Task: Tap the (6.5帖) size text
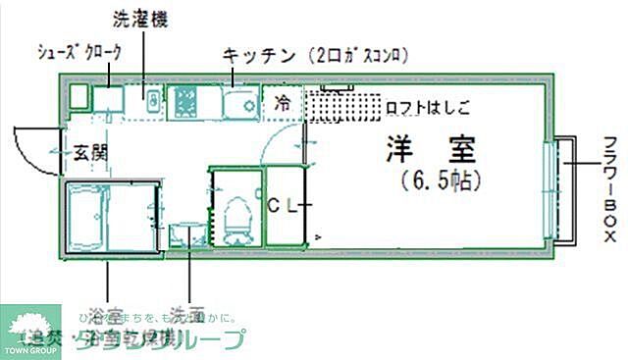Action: click(x=438, y=181)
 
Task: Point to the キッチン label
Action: click(x=260, y=55)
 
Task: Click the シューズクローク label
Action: click(x=78, y=53)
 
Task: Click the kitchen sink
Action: click(x=238, y=103)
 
